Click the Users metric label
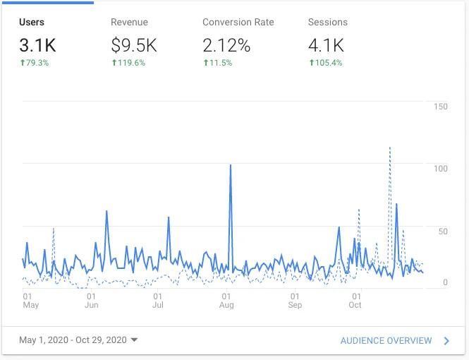pyautogui.click(x=32, y=22)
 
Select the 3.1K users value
pyautogui.click(x=37, y=46)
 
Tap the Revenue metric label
pyautogui.click(x=129, y=22)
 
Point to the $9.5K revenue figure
pyautogui.click(x=133, y=46)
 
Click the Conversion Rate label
pyautogui.click(x=238, y=22)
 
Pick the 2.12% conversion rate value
pyautogui.click(x=226, y=46)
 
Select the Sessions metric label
pyautogui.click(x=327, y=22)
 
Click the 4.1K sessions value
pyautogui.click(x=326, y=46)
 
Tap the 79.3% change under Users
pyautogui.click(x=37, y=63)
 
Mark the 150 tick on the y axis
pyautogui.click(x=441, y=107)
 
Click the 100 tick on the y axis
pyautogui.click(x=441, y=168)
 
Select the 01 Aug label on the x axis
pyautogui.click(x=226, y=301)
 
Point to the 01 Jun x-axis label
pyautogui.click(x=92, y=301)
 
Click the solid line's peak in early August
pyautogui.click(x=231, y=164)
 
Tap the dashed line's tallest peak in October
pyautogui.click(x=390, y=148)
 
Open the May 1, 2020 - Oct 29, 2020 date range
pyautogui.click(x=78, y=340)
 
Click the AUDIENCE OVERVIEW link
pyautogui.click(x=386, y=340)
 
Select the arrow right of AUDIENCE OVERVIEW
pyautogui.click(x=447, y=340)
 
